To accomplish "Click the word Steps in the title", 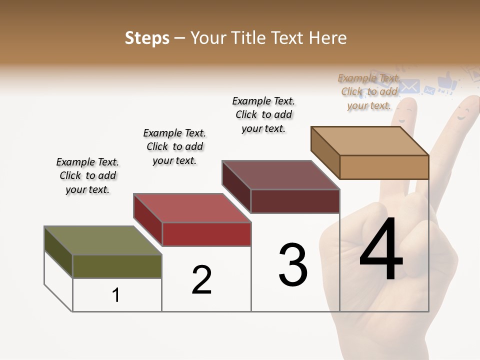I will pyautogui.click(x=147, y=38).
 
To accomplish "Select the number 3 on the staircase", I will pyautogui.click(x=293, y=264).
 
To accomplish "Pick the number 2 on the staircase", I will pyautogui.click(x=201, y=279).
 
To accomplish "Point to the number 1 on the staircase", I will pyautogui.click(x=116, y=295).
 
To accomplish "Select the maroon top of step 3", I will pyautogui.click(x=280, y=175).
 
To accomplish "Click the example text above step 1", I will pyautogui.click(x=87, y=175).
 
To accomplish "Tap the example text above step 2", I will pyautogui.click(x=174, y=146).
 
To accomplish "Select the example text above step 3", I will pyautogui.click(x=263, y=114).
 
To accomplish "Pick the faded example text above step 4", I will pyautogui.click(x=369, y=91).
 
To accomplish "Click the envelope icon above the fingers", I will pyautogui.click(x=409, y=86).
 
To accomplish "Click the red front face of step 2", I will pyautogui.click(x=206, y=234).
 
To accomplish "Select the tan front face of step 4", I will pyautogui.click(x=384, y=167).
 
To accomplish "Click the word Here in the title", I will pyautogui.click(x=327, y=38).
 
